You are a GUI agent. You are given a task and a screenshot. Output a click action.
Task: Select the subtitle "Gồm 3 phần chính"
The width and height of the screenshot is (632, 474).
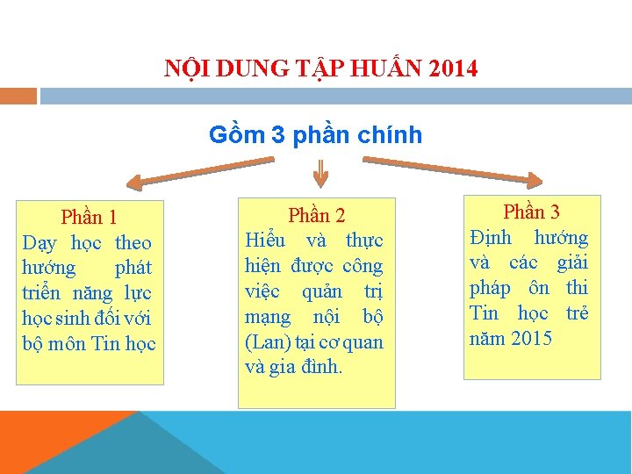pyautogui.click(x=315, y=135)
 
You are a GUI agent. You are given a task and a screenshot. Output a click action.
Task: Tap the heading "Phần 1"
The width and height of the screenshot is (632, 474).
pyautogui.click(x=89, y=217)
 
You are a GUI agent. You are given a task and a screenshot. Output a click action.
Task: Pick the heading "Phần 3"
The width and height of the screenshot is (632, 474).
pyautogui.click(x=531, y=212)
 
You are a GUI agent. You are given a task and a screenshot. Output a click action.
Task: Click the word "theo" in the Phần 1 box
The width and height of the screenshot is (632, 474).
pyautogui.click(x=133, y=243)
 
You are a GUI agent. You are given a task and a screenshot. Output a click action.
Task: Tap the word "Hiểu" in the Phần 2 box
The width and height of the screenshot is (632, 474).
pyautogui.click(x=266, y=241)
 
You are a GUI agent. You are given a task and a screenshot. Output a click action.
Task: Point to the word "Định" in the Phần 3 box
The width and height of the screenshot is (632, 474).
pyautogui.click(x=491, y=237)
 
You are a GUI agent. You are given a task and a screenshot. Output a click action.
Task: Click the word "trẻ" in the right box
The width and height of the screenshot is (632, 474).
pyautogui.click(x=577, y=313)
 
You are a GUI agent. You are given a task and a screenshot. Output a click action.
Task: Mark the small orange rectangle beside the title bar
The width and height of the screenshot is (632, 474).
pyautogui.click(x=18, y=96)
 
